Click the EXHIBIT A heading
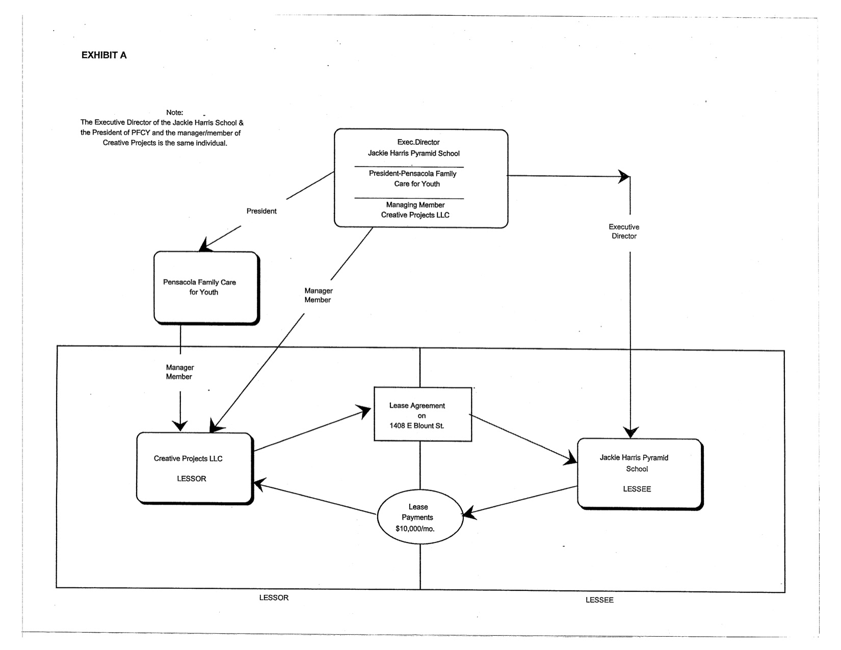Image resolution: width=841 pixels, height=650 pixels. click(x=103, y=56)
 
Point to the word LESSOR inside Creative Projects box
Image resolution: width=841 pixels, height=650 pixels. click(x=192, y=479)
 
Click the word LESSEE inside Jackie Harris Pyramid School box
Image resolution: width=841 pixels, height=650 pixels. click(x=637, y=489)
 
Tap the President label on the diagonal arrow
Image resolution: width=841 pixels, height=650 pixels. click(x=261, y=211)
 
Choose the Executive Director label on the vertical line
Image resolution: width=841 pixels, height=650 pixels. click(x=624, y=231)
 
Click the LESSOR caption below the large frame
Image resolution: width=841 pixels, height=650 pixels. click(x=274, y=597)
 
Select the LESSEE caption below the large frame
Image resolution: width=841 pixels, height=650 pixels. click(x=599, y=600)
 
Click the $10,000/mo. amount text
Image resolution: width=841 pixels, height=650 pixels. click(x=415, y=529)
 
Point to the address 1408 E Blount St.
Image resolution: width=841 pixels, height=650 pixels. click(x=417, y=426)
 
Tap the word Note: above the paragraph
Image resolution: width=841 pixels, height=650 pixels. click(x=174, y=113)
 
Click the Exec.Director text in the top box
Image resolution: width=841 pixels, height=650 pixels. click(x=418, y=142)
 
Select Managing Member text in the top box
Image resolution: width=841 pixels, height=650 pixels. click(x=415, y=205)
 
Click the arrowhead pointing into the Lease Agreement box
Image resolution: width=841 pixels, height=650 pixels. click(x=364, y=411)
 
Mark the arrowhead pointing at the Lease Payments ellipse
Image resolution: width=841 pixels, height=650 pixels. click(x=469, y=513)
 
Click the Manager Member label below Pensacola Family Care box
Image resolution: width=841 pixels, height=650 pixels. click(x=179, y=372)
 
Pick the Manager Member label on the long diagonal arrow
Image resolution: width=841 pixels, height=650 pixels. click(x=318, y=295)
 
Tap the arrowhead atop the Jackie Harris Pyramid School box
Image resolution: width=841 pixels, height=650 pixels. click(x=630, y=432)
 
